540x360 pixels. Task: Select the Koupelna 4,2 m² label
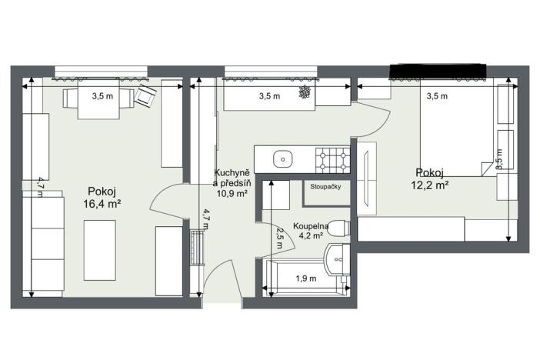coord(311,232)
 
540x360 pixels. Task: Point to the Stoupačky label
coord(326,186)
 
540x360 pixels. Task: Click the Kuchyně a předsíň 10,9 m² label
coord(230,184)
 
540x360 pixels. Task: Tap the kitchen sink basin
coord(283,160)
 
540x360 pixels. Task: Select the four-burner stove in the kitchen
coord(333,160)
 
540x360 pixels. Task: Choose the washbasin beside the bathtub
coord(335,260)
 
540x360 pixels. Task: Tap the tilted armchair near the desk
coord(146,96)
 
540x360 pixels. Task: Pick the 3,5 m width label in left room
coord(103,96)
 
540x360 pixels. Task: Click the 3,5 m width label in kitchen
coord(268,96)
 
